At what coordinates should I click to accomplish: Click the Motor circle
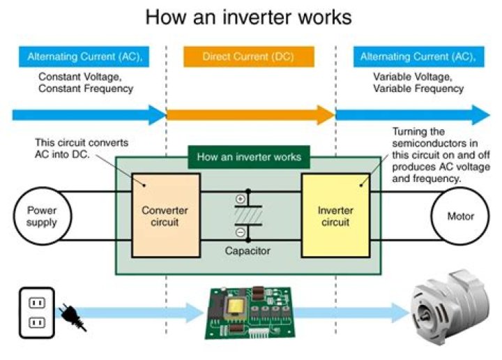(x=460, y=216)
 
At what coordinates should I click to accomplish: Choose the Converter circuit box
(x=165, y=215)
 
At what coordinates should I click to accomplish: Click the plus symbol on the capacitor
(x=241, y=199)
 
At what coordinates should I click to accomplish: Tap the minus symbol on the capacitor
(x=241, y=232)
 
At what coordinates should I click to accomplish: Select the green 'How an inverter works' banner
(x=249, y=157)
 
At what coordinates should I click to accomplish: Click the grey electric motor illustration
(x=448, y=310)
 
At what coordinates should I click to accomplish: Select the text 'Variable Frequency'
(x=418, y=89)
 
